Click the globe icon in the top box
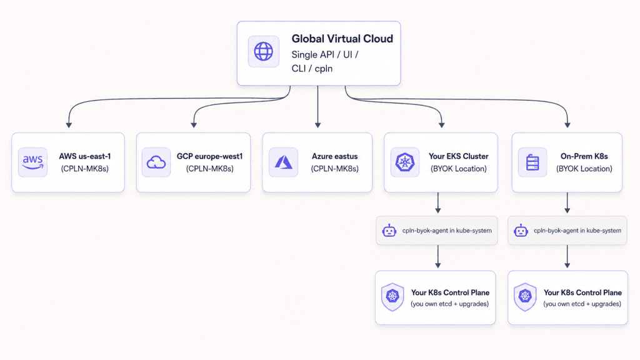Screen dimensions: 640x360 point(263,51)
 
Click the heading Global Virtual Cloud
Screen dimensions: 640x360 point(342,39)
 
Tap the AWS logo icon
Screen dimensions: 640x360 point(32,162)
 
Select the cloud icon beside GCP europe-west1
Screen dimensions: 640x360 point(156,162)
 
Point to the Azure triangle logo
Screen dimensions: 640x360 point(283,162)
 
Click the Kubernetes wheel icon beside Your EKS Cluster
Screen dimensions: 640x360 point(404,162)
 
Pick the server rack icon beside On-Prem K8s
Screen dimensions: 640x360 point(532,162)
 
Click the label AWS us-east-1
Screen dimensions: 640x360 point(85,156)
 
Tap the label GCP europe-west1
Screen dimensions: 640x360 point(210,156)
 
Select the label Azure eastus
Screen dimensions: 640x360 point(335,156)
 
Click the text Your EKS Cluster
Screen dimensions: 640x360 point(458,156)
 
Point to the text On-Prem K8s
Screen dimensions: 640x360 point(584,156)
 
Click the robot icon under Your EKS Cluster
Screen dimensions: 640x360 point(389,231)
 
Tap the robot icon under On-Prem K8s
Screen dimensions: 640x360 point(521,231)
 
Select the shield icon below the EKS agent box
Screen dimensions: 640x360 point(392,297)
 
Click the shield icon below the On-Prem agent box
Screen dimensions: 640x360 point(525,297)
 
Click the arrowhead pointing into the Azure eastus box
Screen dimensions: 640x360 point(317,125)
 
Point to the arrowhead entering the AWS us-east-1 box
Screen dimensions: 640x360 point(69,125)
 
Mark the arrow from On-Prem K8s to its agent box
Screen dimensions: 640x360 point(567,203)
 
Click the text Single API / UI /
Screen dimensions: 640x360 point(325,55)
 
